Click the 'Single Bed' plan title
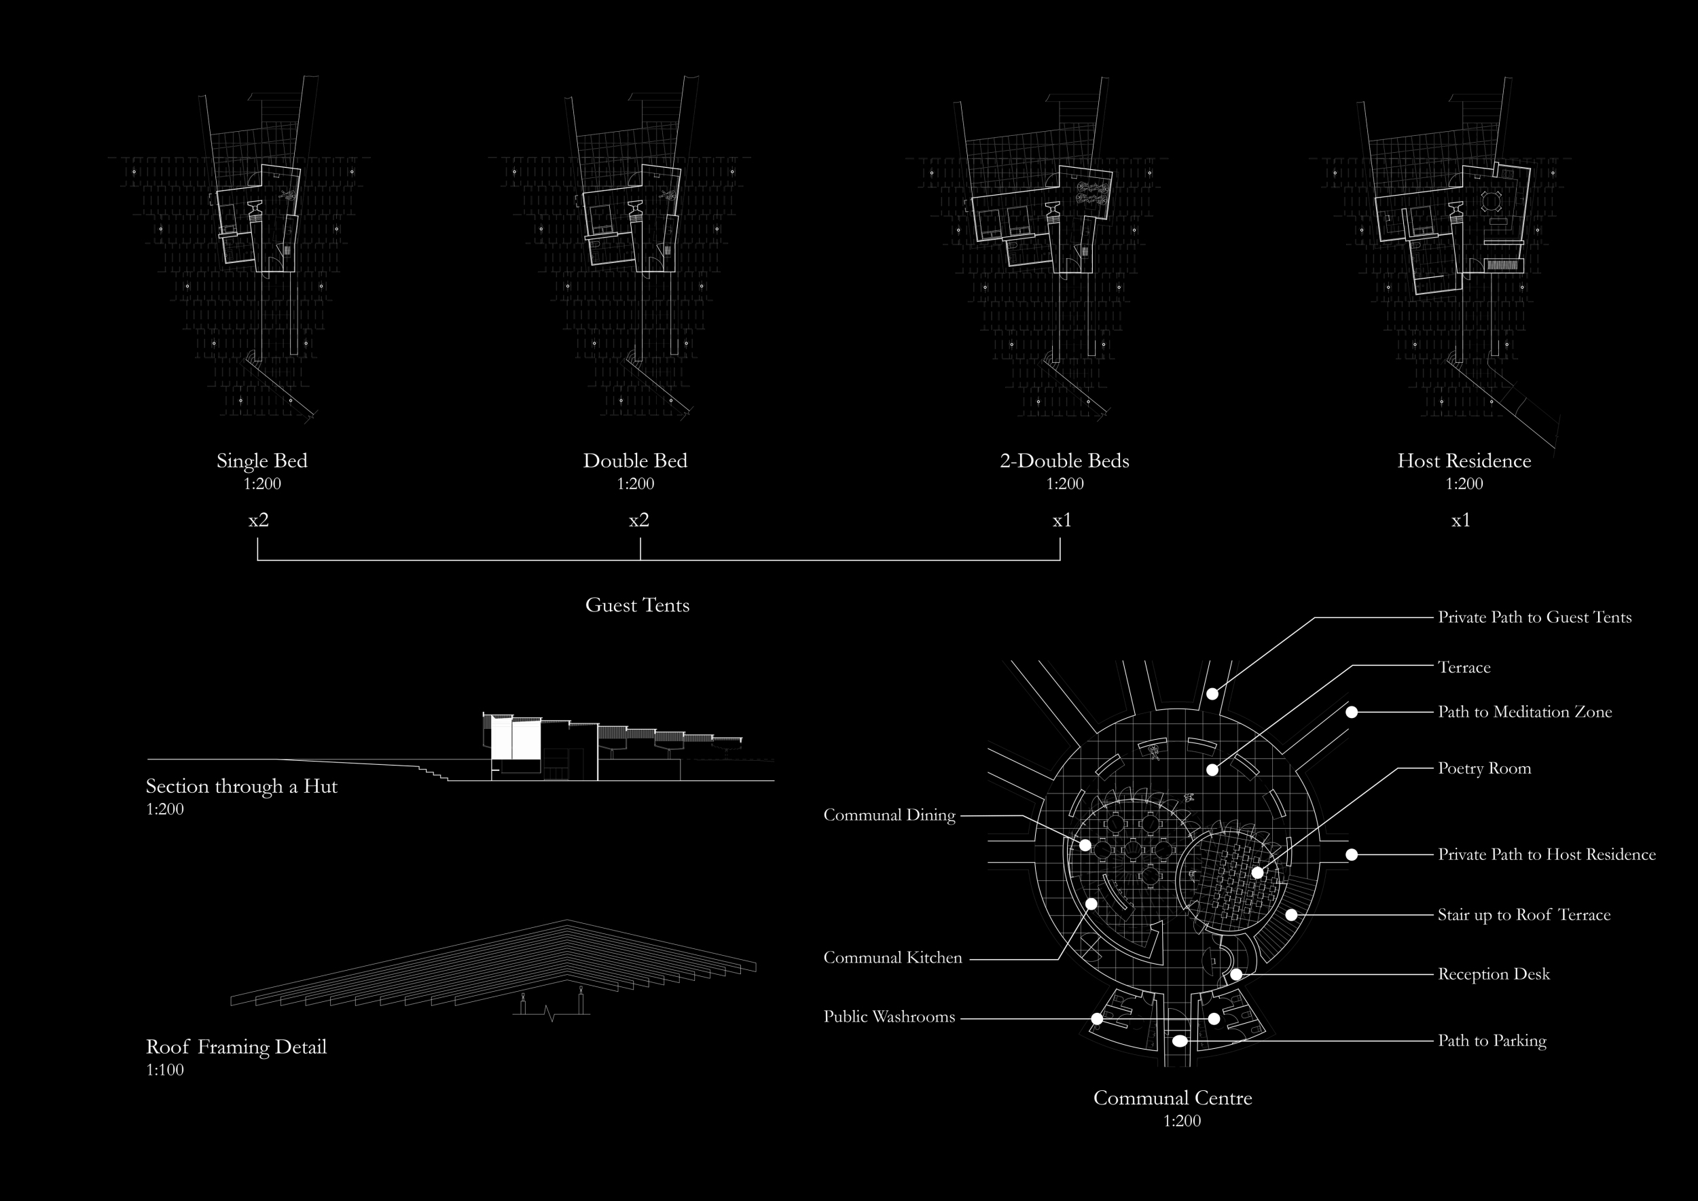261,461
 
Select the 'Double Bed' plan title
635,461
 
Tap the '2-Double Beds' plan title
1064,461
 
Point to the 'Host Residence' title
1464,461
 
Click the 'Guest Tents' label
637,605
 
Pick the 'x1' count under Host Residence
1460,520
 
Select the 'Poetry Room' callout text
1484,768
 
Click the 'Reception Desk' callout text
1493,974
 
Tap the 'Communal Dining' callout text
889,815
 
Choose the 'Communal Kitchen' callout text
892,958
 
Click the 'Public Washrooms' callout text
889,1017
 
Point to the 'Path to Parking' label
1492,1041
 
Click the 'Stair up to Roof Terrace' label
1523,915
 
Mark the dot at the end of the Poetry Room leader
1258,873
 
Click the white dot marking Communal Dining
1085,844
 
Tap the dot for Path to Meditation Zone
1351,712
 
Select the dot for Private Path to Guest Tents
1212,694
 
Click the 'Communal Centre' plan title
1172,1098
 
